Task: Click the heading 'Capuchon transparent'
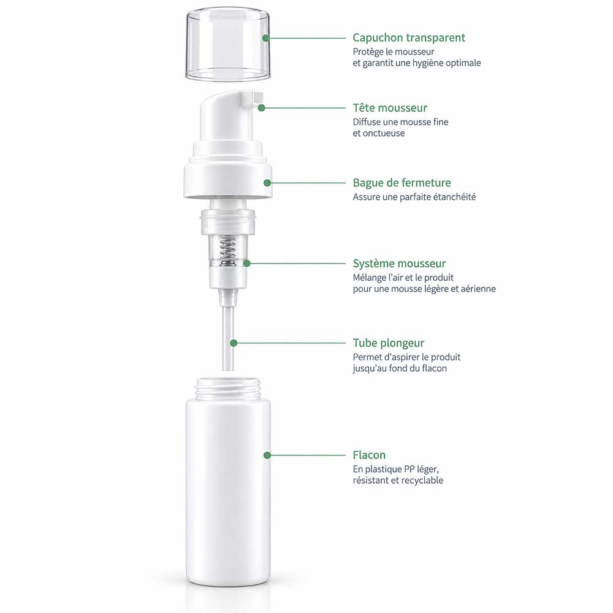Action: pyautogui.click(x=408, y=38)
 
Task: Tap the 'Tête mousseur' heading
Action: pyautogui.click(x=390, y=107)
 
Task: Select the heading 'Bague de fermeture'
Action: pyautogui.click(x=402, y=183)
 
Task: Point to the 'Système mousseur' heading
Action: pyautogui.click(x=399, y=264)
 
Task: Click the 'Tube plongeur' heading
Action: pyautogui.click(x=388, y=343)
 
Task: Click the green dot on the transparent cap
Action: pyautogui.click(x=266, y=38)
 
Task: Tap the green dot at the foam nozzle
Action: pyautogui.click(x=262, y=107)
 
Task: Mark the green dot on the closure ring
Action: pyautogui.click(x=267, y=183)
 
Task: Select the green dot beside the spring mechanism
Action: pyautogui.click(x=246, y=264)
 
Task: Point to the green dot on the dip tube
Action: pyautogui.click(x=234, y=343)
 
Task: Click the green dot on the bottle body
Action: pyautogui.click(x=267, y=455)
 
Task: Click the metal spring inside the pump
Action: pyautogui.click(x=227, y=251)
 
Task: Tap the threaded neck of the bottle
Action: pyautogui.click(x=228, y=388)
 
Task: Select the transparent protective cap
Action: pyautogui.click(x=228, y=44)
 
